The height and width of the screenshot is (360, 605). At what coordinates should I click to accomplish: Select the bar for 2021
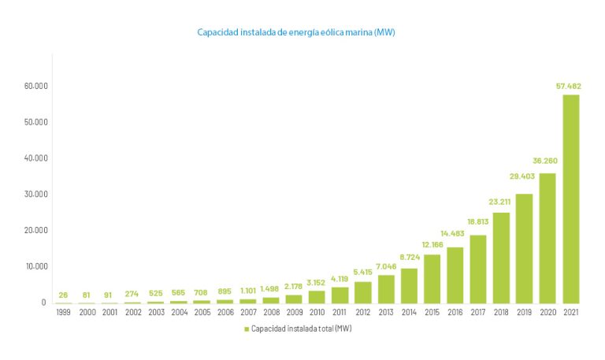[571, 199]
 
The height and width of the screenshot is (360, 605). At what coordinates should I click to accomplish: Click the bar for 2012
[363, 292]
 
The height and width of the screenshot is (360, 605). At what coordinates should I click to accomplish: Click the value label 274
[132, 294]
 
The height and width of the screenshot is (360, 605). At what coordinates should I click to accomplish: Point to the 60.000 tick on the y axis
[36, 86]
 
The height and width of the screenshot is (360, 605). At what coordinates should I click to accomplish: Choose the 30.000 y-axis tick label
[36, 194]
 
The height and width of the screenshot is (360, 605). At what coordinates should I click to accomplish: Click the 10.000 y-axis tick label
[36, 266]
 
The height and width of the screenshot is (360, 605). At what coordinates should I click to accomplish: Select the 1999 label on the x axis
[63, 313]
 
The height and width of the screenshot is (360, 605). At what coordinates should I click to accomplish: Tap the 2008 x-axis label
[270, 313]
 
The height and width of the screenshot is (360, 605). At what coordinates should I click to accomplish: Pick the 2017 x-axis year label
[478, 313]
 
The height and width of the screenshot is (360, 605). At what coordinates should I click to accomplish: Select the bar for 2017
[478, 269]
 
